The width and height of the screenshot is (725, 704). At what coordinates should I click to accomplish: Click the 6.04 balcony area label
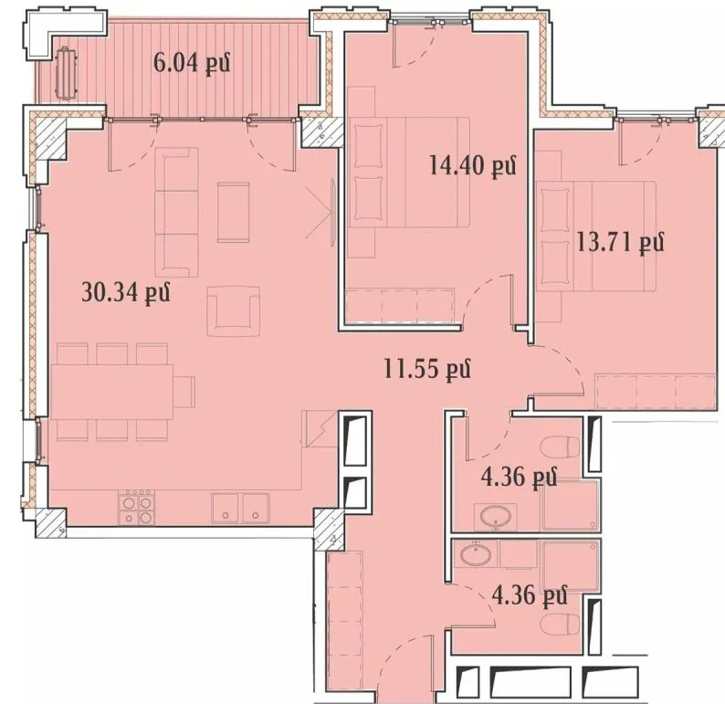coord(192,62)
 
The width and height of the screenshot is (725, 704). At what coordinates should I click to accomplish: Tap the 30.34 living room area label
coord(126,292)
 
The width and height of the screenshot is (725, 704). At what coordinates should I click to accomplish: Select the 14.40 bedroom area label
coord(473,165)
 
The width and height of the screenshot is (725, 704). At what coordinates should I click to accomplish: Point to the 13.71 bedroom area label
coord(621,241)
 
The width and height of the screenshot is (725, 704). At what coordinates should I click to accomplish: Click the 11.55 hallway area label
coord(427,369)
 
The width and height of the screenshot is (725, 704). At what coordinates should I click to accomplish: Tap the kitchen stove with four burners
coord(136,507)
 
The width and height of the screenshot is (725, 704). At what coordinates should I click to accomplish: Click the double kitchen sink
coord(240,508)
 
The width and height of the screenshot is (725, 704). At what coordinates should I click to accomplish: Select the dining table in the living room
coord(112,392)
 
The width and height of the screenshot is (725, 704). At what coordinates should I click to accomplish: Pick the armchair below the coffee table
coord(233,311)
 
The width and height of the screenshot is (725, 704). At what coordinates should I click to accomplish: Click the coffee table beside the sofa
coord(234,212)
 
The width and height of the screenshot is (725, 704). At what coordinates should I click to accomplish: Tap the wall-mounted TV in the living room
coord(333,213)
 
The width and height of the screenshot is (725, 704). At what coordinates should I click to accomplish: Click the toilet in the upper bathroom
coord(560,447)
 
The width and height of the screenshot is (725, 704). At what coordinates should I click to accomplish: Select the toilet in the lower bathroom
coord(560,625)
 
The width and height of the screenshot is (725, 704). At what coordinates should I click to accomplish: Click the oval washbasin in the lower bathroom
coord(476,554)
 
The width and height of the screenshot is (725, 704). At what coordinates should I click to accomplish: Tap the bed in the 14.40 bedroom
coord(409,172)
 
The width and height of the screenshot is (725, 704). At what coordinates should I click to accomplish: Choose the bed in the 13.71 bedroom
coord(596,236)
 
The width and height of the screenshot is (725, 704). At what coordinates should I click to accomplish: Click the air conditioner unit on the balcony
coord(66,71)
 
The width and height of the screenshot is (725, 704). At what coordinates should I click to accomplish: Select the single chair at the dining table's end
coord(184,392)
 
